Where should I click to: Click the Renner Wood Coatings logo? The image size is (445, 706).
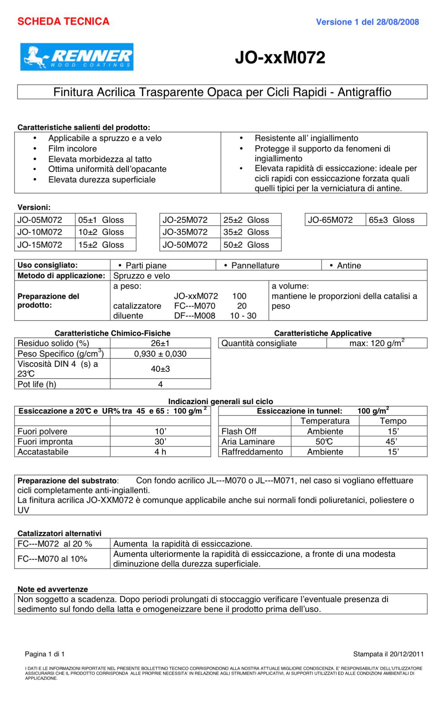tap(77, 57)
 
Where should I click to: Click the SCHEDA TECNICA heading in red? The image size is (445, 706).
tap(63, 22)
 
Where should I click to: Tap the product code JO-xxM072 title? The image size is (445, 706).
tap(280, 57)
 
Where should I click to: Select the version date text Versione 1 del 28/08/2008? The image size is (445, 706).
tap(367, 22)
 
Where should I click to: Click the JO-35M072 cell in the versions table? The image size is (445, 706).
tap(185, 232)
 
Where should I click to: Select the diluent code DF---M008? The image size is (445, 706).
tap(195, 316)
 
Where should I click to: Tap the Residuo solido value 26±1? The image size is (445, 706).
tap(160, 343)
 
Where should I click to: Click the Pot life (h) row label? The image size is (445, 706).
tap(37, 384)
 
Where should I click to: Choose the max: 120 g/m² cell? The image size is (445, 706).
tap(376, 343)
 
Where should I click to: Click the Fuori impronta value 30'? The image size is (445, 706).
tap(160, 442)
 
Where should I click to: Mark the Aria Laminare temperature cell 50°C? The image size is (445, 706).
tap(325, 442)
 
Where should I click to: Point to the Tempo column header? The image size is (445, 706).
tap(393, 421)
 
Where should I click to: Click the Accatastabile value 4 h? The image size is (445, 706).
tap(160, 452)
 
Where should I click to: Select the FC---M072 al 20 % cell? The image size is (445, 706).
tap(55, 544)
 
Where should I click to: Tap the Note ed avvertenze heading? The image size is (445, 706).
tap(53, 589)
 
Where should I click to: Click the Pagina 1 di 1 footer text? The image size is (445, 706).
tap(45, 654)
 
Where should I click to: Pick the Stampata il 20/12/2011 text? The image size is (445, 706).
tap(388, 654)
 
